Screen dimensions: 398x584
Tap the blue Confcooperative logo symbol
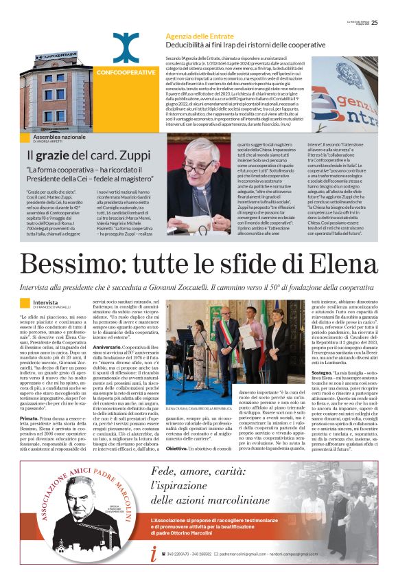pyautogui.click(x=126, y=47)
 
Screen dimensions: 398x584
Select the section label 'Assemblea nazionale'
pyautogui.click(x=60, y=137)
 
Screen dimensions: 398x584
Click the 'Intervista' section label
pyautogui.click(x=45, y=301)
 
